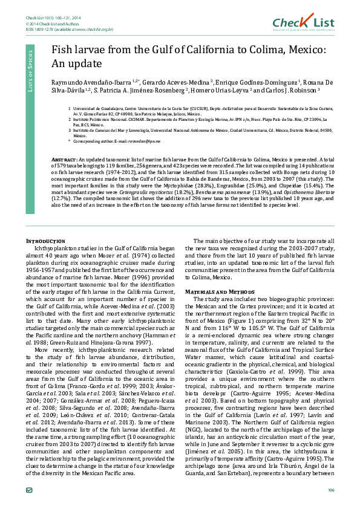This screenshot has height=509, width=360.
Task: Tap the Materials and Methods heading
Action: click(x=223, y=291)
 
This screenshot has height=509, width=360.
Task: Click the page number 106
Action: click(x=330, y=489)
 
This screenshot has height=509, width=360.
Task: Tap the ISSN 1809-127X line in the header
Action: click(x=69, y=29)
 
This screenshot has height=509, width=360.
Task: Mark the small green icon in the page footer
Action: click(x=30, y=489)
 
